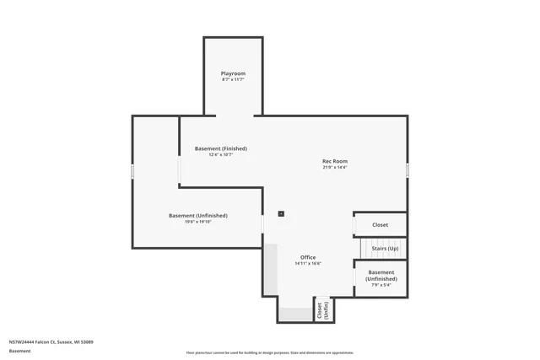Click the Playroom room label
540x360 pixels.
tap(233, 73)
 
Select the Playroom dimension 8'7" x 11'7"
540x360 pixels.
tap(233, 80)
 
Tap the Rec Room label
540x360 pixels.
tap(335, 161)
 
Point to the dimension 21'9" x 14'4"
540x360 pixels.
tap(335, 168)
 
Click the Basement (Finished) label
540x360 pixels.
tap(220, 148)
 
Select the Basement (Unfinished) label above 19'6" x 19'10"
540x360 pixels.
tap(197, 216)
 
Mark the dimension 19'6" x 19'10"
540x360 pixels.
tap(197, 223)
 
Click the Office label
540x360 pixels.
tap(308, 257)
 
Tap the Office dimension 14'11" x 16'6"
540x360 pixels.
tap(308, 264)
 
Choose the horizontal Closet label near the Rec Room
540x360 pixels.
tap(381, 225)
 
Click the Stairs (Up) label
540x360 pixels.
tap(385, 250)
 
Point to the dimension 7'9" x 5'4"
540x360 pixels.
tap(381, 285)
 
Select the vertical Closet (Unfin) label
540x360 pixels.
tap(321, 310)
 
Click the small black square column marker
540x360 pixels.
tap(281, 213)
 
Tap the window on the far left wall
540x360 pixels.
tap(132, 171)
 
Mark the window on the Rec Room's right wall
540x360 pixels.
tap(408, 169)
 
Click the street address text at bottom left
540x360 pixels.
tap(51, 341)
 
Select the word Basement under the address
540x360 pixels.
tap(19, 351)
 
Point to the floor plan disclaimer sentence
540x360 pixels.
tap(270, 352)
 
